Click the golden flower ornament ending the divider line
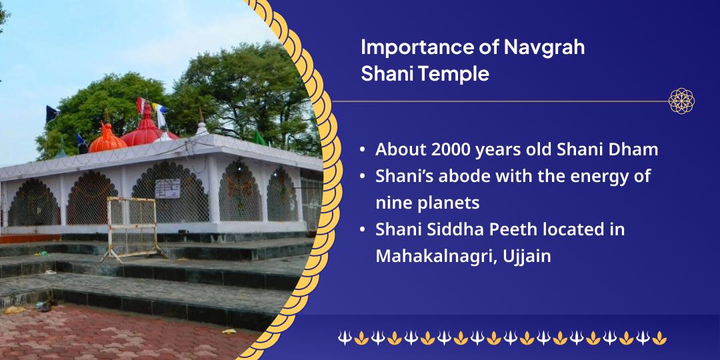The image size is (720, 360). pos(681,101)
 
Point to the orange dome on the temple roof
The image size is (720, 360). pos(107,139)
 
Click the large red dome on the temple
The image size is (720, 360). pos(147,130)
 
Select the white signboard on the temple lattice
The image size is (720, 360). pos(167,189)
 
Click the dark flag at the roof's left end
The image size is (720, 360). pos(51,115)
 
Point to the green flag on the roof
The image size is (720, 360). pos(259,138)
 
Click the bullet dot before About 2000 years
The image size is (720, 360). pos(363,150)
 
